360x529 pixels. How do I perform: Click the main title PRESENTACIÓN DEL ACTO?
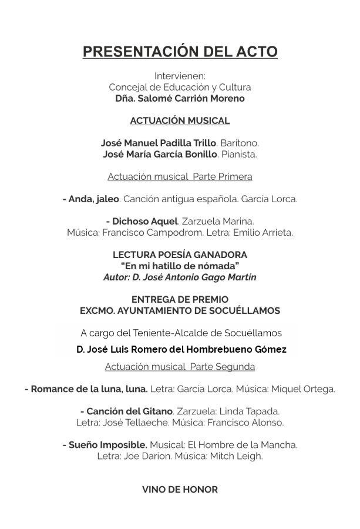pyautogui.click(x=180, y=52)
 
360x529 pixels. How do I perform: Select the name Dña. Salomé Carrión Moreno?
pyautogui.click(x=180, y=98)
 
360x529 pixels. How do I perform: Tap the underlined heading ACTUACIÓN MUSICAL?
pyautogui.click(x=180, y=120)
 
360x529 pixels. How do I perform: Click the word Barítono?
pyautogui.click(x=239, y=143)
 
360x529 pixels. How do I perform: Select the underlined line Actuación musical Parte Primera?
pyautogui.click(x=180, y=176)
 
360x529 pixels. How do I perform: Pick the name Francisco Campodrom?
pyautogui.click(x=144, y=232)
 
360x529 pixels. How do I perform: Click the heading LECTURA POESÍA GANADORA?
pyautogui.click(x=180, y=255)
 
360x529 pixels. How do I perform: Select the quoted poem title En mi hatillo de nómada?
pyautogui.click(x=180, y=265)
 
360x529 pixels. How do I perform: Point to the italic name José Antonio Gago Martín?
pyautogui.click(x=200, y=276)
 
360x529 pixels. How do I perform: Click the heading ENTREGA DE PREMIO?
pyautogui.click(x=180, y=299)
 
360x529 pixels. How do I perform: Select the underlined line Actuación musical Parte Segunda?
pyautogui.click(x=180, y=366)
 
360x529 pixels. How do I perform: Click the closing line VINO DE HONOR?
pyautogui.click(x=180, y=489)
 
